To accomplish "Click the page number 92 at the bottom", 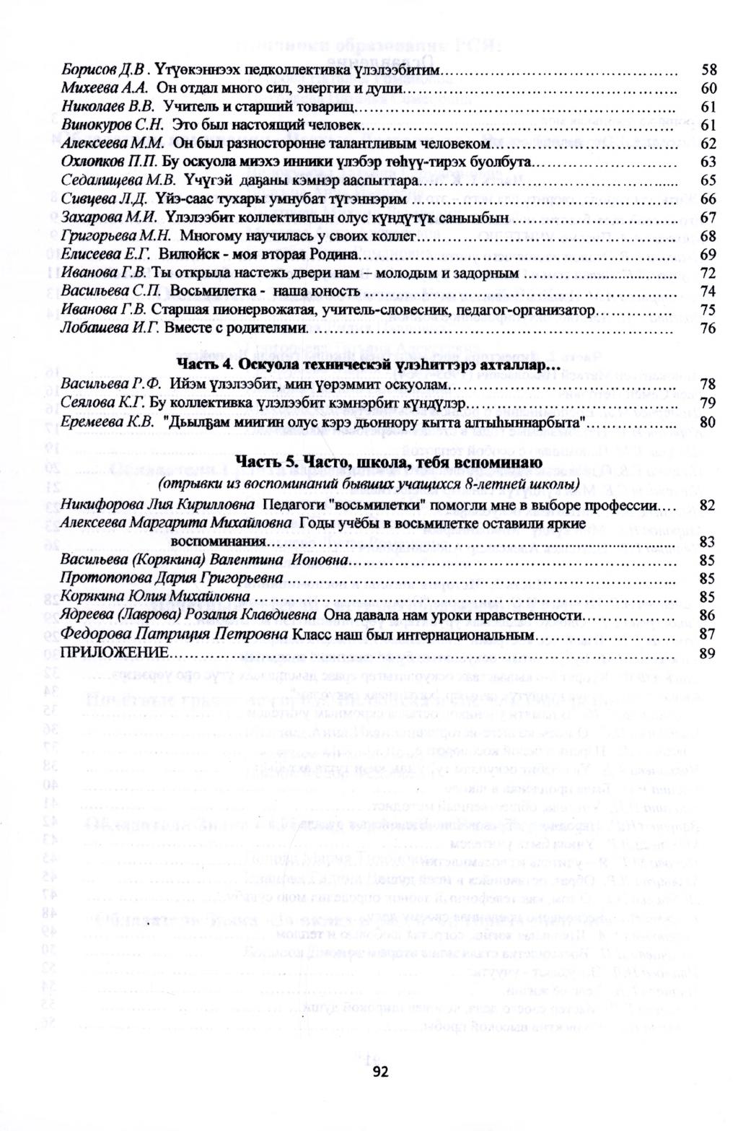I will coord(380,1072).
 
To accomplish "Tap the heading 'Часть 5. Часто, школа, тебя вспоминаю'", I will coord(369,462).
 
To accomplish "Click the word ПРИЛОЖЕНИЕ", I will coord(115,652).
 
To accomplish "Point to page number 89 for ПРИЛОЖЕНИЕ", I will coord(707,652).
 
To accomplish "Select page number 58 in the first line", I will coord(708,70).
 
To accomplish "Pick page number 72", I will coord(708,273).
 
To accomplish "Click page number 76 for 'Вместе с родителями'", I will coord(708,328).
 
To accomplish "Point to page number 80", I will coord(708,422).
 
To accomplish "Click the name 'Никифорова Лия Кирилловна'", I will coord(158,505).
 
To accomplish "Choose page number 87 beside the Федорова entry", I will coord(707,634).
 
